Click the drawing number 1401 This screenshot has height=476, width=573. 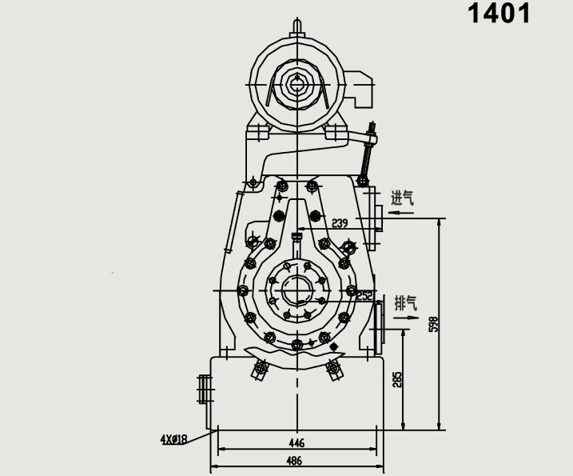pos(499,14)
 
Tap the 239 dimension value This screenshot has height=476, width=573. pos(340,222)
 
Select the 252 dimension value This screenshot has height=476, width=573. pos(364,296)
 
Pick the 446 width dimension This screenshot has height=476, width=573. pos(296,442)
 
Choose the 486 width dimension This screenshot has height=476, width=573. pos(296,462)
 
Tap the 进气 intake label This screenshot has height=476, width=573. pos(402,197)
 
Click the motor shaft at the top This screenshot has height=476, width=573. pos(297,82)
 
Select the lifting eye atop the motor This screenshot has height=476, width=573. pos(297,26)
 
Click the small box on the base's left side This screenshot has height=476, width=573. pos(204,391)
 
